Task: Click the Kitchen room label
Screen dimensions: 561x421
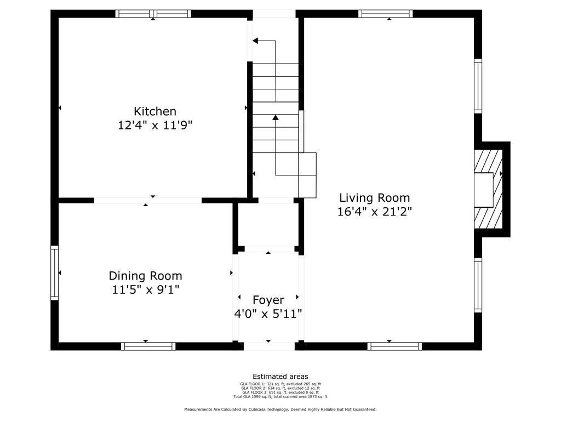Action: coord(155,111)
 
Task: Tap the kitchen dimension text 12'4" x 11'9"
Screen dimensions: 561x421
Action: coord(155,126)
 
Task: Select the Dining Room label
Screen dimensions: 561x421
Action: coord(145,276)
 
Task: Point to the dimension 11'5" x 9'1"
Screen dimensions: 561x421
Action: coord(145,289)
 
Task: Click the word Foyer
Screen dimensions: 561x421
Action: coord(268,300)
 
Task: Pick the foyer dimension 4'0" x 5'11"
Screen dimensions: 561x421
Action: coord(268,314)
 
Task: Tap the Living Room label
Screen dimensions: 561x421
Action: coord(375,198)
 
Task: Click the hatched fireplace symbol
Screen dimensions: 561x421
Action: coord(488,189)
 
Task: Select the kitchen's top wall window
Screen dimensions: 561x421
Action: coord(153,14)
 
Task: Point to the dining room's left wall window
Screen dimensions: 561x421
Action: coord(54,273)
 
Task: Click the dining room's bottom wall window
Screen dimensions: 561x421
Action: coord(148,346)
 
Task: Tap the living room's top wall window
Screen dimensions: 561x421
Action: coord(385,14)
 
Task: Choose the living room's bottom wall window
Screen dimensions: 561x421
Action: coord(394,346)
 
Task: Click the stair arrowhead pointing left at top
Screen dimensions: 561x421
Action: coord(255,41)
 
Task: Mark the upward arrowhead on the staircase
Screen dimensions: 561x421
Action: coord(276,117)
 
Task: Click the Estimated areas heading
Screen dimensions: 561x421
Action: coord(280,377)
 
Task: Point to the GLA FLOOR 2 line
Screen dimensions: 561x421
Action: coord(280,388)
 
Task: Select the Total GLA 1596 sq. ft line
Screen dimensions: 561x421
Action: coord(280,397)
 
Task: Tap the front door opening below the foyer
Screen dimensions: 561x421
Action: coord(270,346)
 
